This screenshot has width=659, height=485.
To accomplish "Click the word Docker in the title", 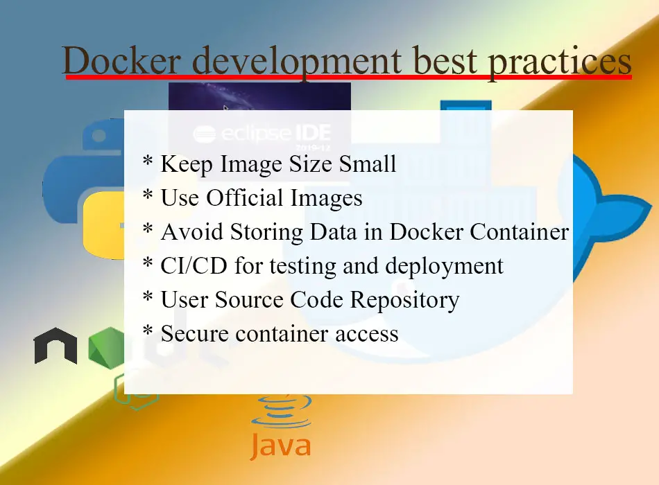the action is click(122, 61).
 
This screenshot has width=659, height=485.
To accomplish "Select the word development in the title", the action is click(297, 63).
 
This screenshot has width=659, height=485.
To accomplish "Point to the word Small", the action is click(368, 164).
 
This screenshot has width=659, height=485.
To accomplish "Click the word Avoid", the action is click(191, 232).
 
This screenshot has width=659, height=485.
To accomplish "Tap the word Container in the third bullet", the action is click(519, 232).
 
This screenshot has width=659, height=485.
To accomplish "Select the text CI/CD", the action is click(194, 266).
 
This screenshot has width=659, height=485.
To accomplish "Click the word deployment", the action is click(444, 267).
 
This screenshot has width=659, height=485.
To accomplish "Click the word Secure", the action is click(195, 334).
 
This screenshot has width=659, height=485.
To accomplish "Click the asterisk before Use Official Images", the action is click(148, 195).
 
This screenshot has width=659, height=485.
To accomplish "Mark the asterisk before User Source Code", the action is click(148, 296).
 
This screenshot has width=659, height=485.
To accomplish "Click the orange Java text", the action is click(281, 446).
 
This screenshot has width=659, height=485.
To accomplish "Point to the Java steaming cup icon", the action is click(281, 410).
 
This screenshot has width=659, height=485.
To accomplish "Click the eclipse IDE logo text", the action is click(262, 134).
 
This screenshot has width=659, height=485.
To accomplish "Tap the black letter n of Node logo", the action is click(55, 346).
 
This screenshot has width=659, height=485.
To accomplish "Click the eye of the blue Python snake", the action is click(99, 136).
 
